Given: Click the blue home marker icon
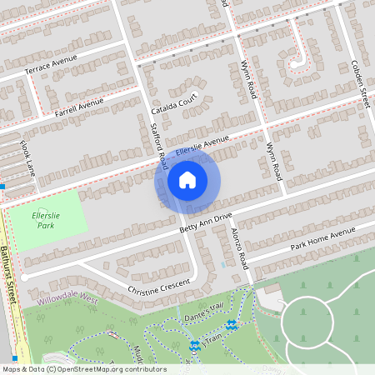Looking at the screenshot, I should click(x=187, y=179).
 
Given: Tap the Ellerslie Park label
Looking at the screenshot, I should click(x=49, y=219).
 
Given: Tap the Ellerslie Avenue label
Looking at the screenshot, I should click(x=202, y=147).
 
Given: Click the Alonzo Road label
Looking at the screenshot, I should click(x=240, y=247).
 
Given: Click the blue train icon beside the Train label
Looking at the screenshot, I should click(x=195, y=345).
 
